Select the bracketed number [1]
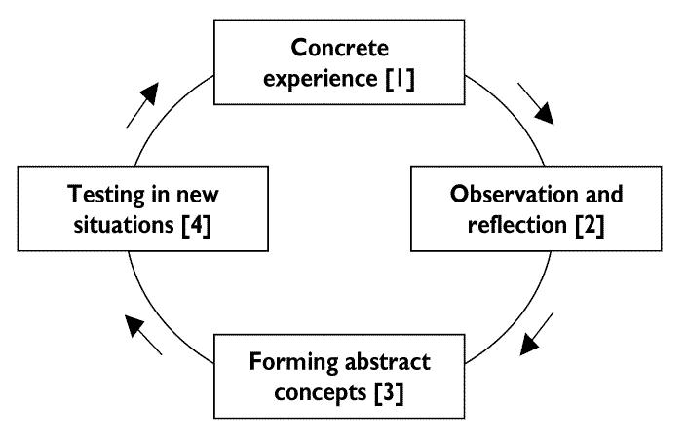(x=401, y=79)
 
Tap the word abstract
(x=387, y=363)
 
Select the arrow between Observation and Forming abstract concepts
(x=537, y=333)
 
